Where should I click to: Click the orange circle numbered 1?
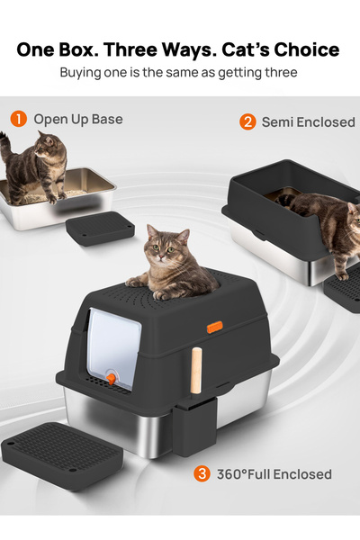click(x=18, y=119)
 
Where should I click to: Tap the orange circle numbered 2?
click(x=247, y=121)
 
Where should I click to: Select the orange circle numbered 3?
click(x=203, y=473)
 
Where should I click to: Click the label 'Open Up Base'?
click(x=78, y=119)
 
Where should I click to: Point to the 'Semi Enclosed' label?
click(x=308, y=121)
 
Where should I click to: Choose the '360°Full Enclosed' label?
click(x=274, y=474)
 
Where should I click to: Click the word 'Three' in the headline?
click(x=154, y=49)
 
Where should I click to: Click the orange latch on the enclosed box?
click(x=214, y=327)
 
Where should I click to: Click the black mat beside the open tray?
click(x=100, y=229)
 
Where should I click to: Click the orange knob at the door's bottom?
click(x=112, y=379)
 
